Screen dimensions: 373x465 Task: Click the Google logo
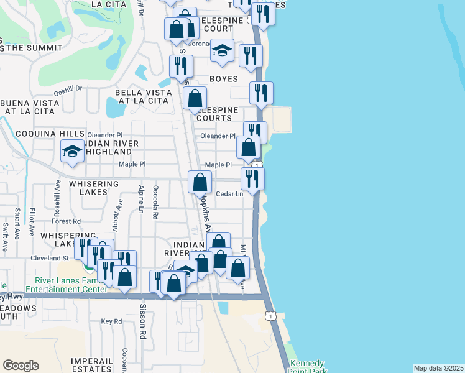coord(21,366)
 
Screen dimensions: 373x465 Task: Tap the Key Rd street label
coord(111,321)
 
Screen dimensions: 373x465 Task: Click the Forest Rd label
coord(67,221)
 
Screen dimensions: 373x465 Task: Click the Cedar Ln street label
coord(229,194)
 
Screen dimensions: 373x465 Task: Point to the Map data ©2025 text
coord(438,367)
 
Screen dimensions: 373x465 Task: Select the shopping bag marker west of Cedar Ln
coord(200,182)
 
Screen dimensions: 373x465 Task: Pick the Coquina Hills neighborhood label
coord(41,134)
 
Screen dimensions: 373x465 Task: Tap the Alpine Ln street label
coord(142,200)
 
